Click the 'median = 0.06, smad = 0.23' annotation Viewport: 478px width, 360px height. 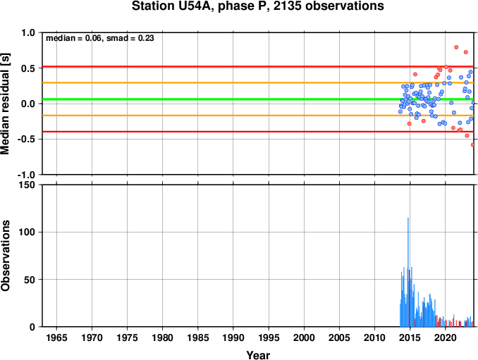[100, 38]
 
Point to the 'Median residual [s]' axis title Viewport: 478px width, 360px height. [5, 104]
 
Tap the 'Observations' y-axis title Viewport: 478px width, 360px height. [5, 256]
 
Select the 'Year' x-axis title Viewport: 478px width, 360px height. [258, 355]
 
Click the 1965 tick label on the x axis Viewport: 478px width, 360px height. [56, 337]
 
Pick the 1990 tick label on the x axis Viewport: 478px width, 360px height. [233, 337]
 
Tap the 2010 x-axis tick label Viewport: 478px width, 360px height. [374, 337]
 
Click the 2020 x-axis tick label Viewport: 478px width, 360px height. [445, 337]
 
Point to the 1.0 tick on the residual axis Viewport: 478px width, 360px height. [28, 32]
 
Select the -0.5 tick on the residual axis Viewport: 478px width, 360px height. [26, 139]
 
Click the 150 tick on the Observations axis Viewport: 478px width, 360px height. [27, 185]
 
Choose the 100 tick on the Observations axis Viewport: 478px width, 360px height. [27, 232]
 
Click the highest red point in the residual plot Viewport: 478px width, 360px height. [456, 47]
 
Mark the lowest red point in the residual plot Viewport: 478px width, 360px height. [473, 145]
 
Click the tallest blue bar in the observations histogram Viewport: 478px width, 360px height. [408, 272]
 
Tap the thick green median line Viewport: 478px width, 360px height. [258, 99]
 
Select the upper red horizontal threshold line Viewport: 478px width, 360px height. [258, 66]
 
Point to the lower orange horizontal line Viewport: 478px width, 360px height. [258, 116]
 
